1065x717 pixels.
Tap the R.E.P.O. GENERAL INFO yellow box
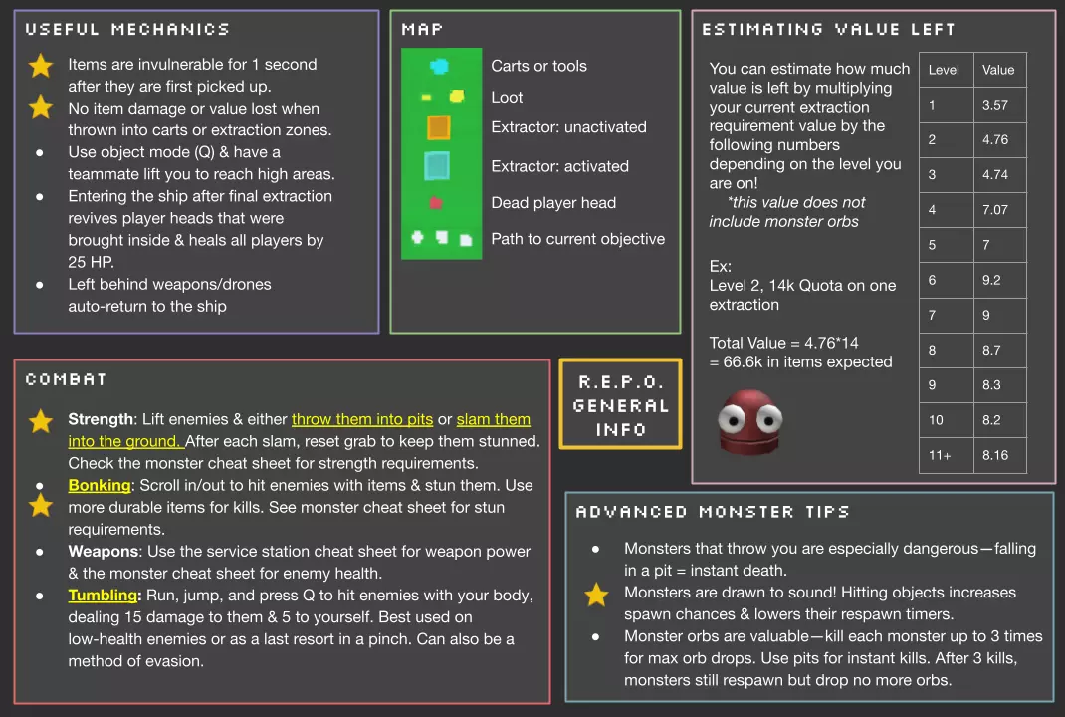pos(620,405)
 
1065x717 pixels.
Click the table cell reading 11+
pos(940,455)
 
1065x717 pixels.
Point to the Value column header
pos(998,70)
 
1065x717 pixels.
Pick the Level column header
pos(944,70)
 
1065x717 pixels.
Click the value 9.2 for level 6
pos(991,280)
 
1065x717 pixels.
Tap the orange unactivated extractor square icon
pos(438,127)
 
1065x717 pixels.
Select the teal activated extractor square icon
pos(437,166)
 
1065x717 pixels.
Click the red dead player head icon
pos(435,203)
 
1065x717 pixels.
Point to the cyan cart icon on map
pos(439,66)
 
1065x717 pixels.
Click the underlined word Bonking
pos(100,485)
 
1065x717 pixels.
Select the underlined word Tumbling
pos(103,595)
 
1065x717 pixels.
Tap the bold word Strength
pos(101,419)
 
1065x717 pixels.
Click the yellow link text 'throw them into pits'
pos(362,419)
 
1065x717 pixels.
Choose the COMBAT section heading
pos(67,379)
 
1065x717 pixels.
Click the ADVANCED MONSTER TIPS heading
pos(712,512)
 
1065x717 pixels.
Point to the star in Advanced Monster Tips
pos(596,596)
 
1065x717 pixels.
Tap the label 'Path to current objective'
pos(577,239)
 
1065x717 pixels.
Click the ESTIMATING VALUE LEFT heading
pos(828,30)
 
